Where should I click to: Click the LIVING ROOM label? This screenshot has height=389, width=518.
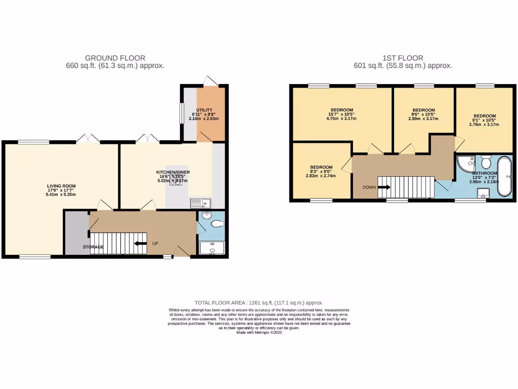tap(57, 186)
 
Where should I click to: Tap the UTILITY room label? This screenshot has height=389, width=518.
tap(204, 110)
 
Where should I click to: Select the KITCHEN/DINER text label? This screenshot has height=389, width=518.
tap(172, 173)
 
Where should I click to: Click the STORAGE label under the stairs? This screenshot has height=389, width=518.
tap(94, 247)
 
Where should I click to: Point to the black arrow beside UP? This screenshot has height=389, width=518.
tap(140, 244)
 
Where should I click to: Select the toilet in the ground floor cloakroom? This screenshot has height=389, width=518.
tap(217, 224)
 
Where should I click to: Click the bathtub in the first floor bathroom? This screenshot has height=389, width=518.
tap(504, 176)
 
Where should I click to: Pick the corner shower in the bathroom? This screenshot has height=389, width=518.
tap(464, 163)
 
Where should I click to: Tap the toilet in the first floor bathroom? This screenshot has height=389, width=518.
tap(486, 162)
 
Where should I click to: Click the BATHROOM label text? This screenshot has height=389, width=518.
tap(484, 173)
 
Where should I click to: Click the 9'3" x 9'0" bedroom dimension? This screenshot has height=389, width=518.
tap(321, 172)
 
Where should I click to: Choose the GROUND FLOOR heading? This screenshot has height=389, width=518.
tap(115, 58)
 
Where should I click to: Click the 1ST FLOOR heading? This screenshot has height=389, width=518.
tap(403, 58)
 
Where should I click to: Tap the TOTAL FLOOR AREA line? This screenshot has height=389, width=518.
tap(259, 302)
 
